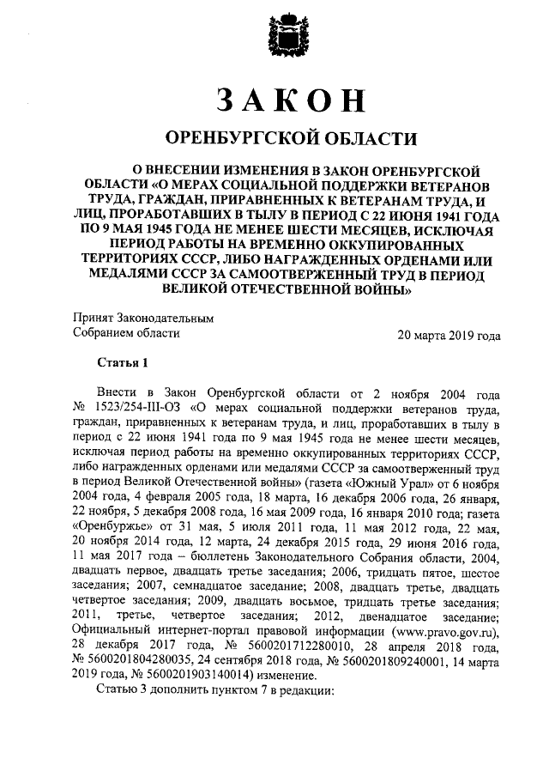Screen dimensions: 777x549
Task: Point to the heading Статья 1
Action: coord(123,363)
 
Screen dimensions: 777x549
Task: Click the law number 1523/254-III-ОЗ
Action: coord(136,406)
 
